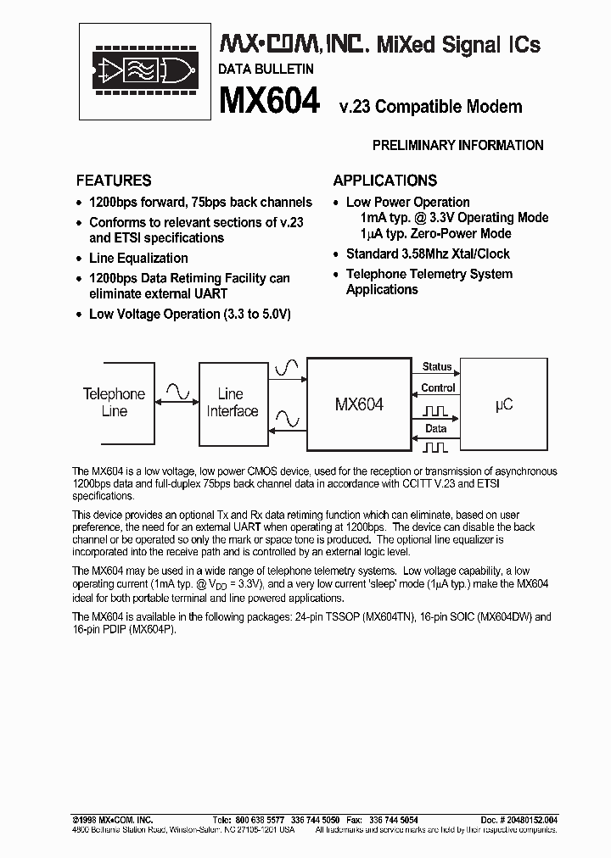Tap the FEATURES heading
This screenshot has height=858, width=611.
click(114, 180)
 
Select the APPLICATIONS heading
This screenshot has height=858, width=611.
click(384, 180)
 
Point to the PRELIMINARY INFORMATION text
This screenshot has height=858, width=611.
click(458, 145)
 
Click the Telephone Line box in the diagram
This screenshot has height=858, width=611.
click(114, 402)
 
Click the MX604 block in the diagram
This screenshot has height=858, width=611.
click(359, 404)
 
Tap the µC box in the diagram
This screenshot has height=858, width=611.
click(503, 404)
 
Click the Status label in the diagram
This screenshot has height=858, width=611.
click(437, 366)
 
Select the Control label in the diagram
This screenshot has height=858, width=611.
click(438, 387)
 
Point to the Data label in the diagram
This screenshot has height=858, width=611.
click(436, 429)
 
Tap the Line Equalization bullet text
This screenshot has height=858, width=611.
click(138, 258)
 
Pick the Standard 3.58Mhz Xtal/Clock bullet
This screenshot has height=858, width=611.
click(428, 253)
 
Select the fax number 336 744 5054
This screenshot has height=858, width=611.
click(393, 821)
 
